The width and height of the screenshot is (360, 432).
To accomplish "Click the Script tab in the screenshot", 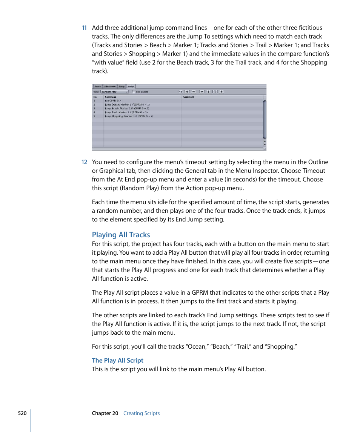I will tap(131, 86).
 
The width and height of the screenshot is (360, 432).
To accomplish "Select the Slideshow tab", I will tap(109, 86).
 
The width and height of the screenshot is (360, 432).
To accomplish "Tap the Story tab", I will tap(122, 86).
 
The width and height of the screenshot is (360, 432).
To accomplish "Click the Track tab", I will tap(98, 86).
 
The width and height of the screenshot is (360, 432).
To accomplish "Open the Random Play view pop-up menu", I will tap(115, 92).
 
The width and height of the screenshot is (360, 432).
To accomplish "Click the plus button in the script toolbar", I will tap(187, 92).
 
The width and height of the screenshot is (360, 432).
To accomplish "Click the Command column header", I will tap(111, 97).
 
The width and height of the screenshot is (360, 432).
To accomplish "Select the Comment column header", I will tap(189, 97).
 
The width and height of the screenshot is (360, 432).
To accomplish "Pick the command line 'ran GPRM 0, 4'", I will tap(113, 101).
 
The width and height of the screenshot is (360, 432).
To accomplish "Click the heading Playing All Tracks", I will tap(121, 235).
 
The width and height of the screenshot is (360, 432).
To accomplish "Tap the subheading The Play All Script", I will tap(117, 360).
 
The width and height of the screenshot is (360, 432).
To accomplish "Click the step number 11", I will tap(84, 28).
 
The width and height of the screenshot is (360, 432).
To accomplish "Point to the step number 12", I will tap(84, 162).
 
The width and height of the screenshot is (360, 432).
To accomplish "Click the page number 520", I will tap(22, 413).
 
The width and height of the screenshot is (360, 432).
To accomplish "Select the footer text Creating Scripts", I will tap(142, 413).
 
